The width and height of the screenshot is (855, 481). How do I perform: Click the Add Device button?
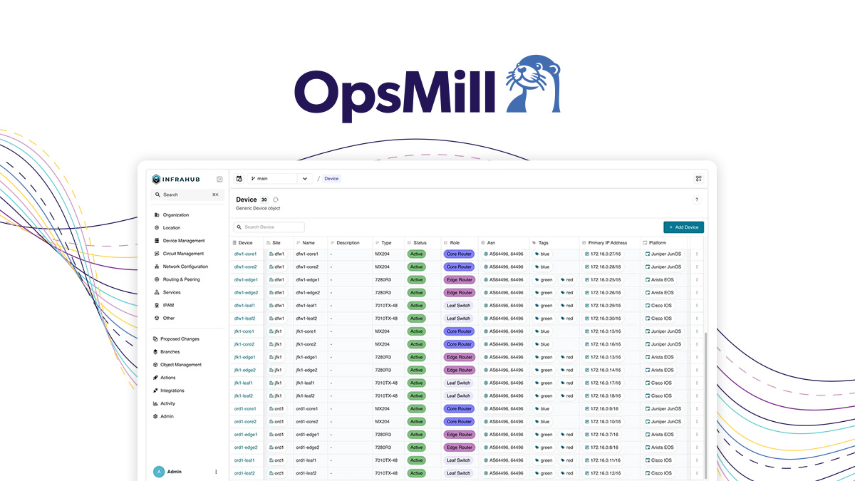click(683, 227)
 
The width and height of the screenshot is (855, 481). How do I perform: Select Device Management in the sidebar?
click(183, 241)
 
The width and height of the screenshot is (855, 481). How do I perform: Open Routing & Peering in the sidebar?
click(181, 279)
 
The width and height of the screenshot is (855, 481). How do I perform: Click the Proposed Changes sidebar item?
click(180, 339)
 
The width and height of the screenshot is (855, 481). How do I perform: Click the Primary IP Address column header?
click(607, 243)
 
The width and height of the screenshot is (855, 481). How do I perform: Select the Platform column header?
click(657, 243)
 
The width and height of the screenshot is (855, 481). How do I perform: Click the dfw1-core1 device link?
click(245, 254)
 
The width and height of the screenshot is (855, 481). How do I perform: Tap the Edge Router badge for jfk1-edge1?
click(460, 357)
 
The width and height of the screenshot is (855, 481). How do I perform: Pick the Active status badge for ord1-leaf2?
click(416, 473)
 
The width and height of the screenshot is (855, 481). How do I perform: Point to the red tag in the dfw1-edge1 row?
click(567, 280)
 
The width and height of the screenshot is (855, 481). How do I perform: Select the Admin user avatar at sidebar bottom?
click(159, 472)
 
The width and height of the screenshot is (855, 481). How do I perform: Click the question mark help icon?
click(697, 200)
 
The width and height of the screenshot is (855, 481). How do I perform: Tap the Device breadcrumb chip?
click(331, 179)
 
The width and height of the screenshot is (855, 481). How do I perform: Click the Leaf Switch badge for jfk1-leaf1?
click(458, 383)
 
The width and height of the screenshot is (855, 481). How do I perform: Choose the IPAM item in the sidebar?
click(168, 305)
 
